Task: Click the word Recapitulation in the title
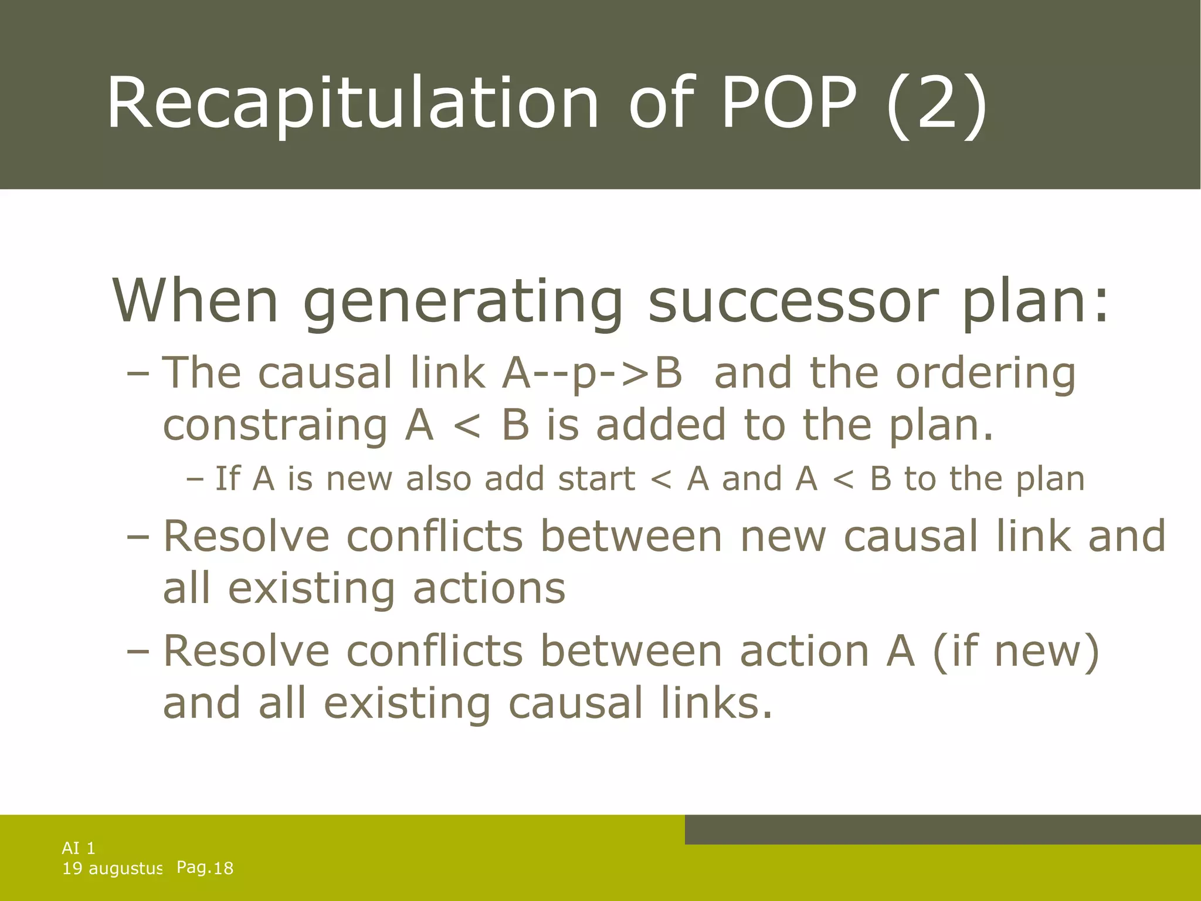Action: pyautogui.click(x=352, y=104)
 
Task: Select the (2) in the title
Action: pyautogui.click(x=937, y=104)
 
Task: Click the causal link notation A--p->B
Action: pyautogui.click(x=592, y=372)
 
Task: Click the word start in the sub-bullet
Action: pyautogui.click(x=596, y=479)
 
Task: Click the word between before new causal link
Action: pyautogui.click(x=631, y=536)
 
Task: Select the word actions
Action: pyautogui.click(x=489, y=588)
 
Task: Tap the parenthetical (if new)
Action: pyautogui.click(x=1016, y=651)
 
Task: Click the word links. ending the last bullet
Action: pyautogui.click(x=717, y=703)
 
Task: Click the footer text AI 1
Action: pyautogui.click(x=79, y=848)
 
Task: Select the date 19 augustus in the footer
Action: pyautogui.click(x=112, y=869)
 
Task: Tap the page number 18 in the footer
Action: pyautogui.click(x=223, y=869)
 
